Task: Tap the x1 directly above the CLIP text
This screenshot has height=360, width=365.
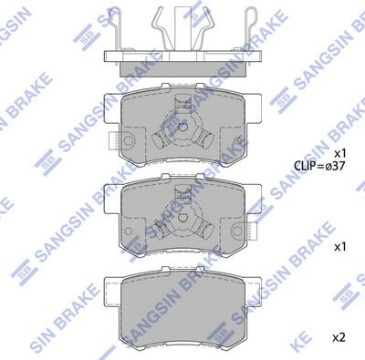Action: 340,152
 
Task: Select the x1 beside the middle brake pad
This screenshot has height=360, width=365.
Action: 340,246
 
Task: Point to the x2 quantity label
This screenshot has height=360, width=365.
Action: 340,338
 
